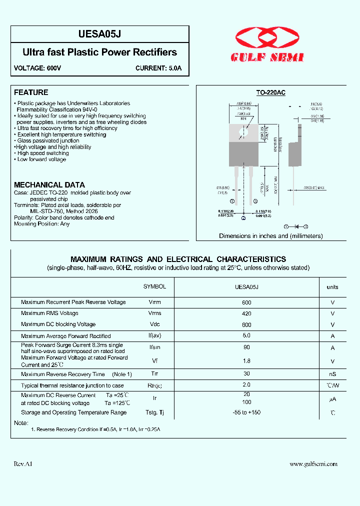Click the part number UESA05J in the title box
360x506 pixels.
pos(99,34)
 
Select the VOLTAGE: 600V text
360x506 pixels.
pos(37,68)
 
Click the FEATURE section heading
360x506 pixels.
pos(31,92)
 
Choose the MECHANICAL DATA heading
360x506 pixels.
pos(49,185)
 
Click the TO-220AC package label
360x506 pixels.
pos(270,92)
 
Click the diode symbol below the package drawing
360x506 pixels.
pos(296,226)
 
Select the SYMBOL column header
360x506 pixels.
pos(154,286)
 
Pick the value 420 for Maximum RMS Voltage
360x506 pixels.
pos(246,313)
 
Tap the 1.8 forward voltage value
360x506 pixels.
pos(246,361)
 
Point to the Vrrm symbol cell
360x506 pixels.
pos(154,302)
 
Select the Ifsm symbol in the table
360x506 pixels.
pos(154,348)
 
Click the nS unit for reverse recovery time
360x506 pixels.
pos(332,374)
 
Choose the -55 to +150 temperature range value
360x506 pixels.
pos(246,412)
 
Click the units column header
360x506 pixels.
pos(332,287)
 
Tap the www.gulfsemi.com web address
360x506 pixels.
pos(313,464)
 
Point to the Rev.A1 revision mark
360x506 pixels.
pos(23,464)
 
